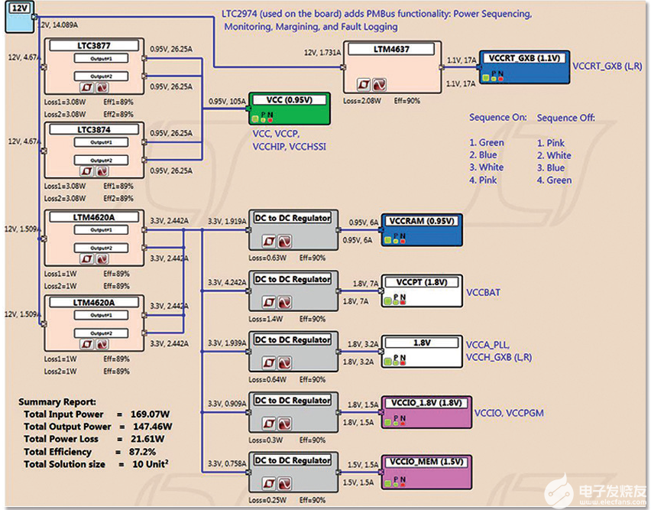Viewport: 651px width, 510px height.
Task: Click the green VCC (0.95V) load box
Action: tap(289, 110)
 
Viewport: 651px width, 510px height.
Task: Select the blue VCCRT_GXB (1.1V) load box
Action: tap(523, 67)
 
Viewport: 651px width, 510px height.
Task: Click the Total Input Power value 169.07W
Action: tap(152, 414)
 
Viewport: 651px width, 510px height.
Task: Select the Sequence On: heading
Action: tap(499, 118)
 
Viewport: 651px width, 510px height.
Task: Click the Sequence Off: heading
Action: tap(566, 118)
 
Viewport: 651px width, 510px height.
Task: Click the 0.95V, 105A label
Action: tap(226, 101)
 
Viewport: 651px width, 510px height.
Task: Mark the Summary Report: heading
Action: tap(57, 401)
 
